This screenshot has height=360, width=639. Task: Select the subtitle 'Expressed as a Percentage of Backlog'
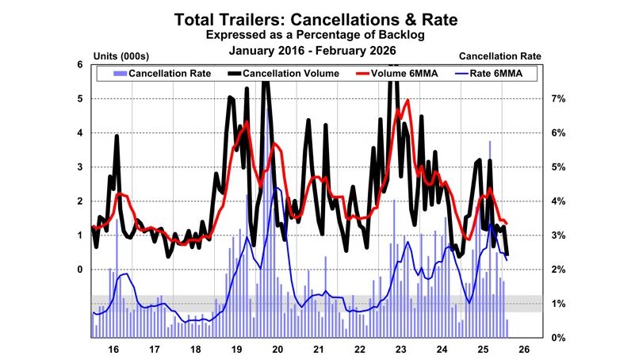(x=319, y=35)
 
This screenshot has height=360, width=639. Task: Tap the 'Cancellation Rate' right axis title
(x=500, y=56)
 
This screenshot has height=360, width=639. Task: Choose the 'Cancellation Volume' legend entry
(x=283, y=73)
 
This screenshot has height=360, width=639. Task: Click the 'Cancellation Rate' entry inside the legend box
(x=162, y=73)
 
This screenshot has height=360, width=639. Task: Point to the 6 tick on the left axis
(x=79, y=65)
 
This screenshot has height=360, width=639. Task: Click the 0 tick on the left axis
(x=79, y=270)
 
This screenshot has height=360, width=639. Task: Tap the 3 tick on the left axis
(x=79, y=167)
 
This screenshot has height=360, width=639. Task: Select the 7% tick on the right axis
(x=558, y=99)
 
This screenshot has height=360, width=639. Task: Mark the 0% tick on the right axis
(x=558, y=338)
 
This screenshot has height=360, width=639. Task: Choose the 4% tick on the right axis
(x=558, y=201)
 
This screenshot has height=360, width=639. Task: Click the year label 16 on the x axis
(x=113, y=349)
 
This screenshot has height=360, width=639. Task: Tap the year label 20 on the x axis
(x=277, y=349)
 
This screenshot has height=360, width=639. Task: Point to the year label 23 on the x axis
(x=400, y=349)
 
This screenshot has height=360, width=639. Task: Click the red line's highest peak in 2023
(x=408, y=101)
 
